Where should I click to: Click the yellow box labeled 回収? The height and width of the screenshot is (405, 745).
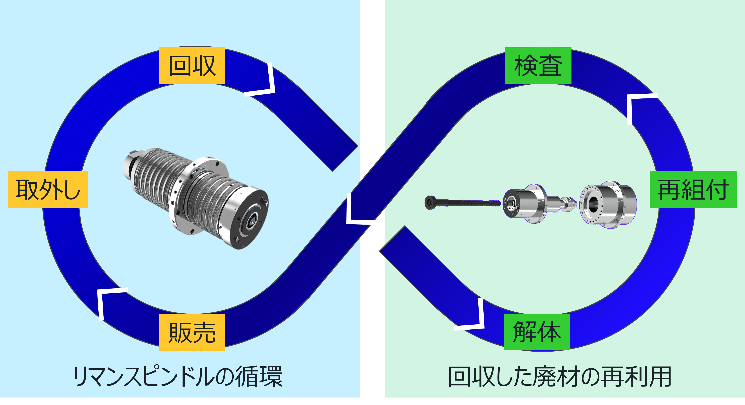pos(192,66)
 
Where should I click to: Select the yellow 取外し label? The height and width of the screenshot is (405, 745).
pos(48,189)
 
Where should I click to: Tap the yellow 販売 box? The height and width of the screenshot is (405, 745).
pos(192,332)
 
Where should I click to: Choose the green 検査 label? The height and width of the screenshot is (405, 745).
pos(538,66)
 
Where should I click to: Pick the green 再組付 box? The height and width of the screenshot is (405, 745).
pos(693,189)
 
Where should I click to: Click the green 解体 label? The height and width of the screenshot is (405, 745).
pos(537,332)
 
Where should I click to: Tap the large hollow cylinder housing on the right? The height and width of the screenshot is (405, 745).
pos(607,204)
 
